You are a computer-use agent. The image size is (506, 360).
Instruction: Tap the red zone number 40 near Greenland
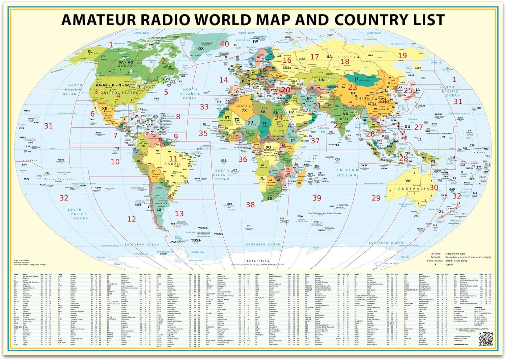pyautogui.click(x=225, y=44)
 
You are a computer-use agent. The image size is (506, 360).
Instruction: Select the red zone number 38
pyautogui.click(x=250, y=204)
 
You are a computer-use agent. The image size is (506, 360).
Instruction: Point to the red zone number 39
pyautogui.click(x=317, y=198)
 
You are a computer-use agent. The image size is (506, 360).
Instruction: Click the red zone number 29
pyautogui.click(x=376, y=198)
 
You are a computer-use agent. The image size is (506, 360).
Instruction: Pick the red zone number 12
pyautogui.click(x=132, y=219)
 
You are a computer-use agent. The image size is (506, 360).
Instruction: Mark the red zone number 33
pyautogui.click(x=204, y=107)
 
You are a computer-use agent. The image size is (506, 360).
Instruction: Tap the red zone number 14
pyautogui.click(x=224, y=80)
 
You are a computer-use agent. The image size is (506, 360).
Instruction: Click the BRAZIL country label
pyautogui.click(x=173, y=164)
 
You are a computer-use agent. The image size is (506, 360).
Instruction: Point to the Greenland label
pyautogui.click(x=206, y=43)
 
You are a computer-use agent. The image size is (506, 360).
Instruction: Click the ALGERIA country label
pyautogui.click(x=244, y=106)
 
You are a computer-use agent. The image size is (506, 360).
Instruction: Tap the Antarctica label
pyautogui.click(x=258, y=261)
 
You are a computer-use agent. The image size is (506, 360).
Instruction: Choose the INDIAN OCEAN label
pyautogui.click(x=347, y=173)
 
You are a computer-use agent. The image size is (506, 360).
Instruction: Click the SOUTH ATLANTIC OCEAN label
pyautogui.click(x=222, y=175)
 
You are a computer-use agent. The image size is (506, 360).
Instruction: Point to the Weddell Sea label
pyautogui.click(x=198, y=252)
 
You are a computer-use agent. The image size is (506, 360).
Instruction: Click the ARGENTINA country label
pyautogui.click(x=161, y=204)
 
